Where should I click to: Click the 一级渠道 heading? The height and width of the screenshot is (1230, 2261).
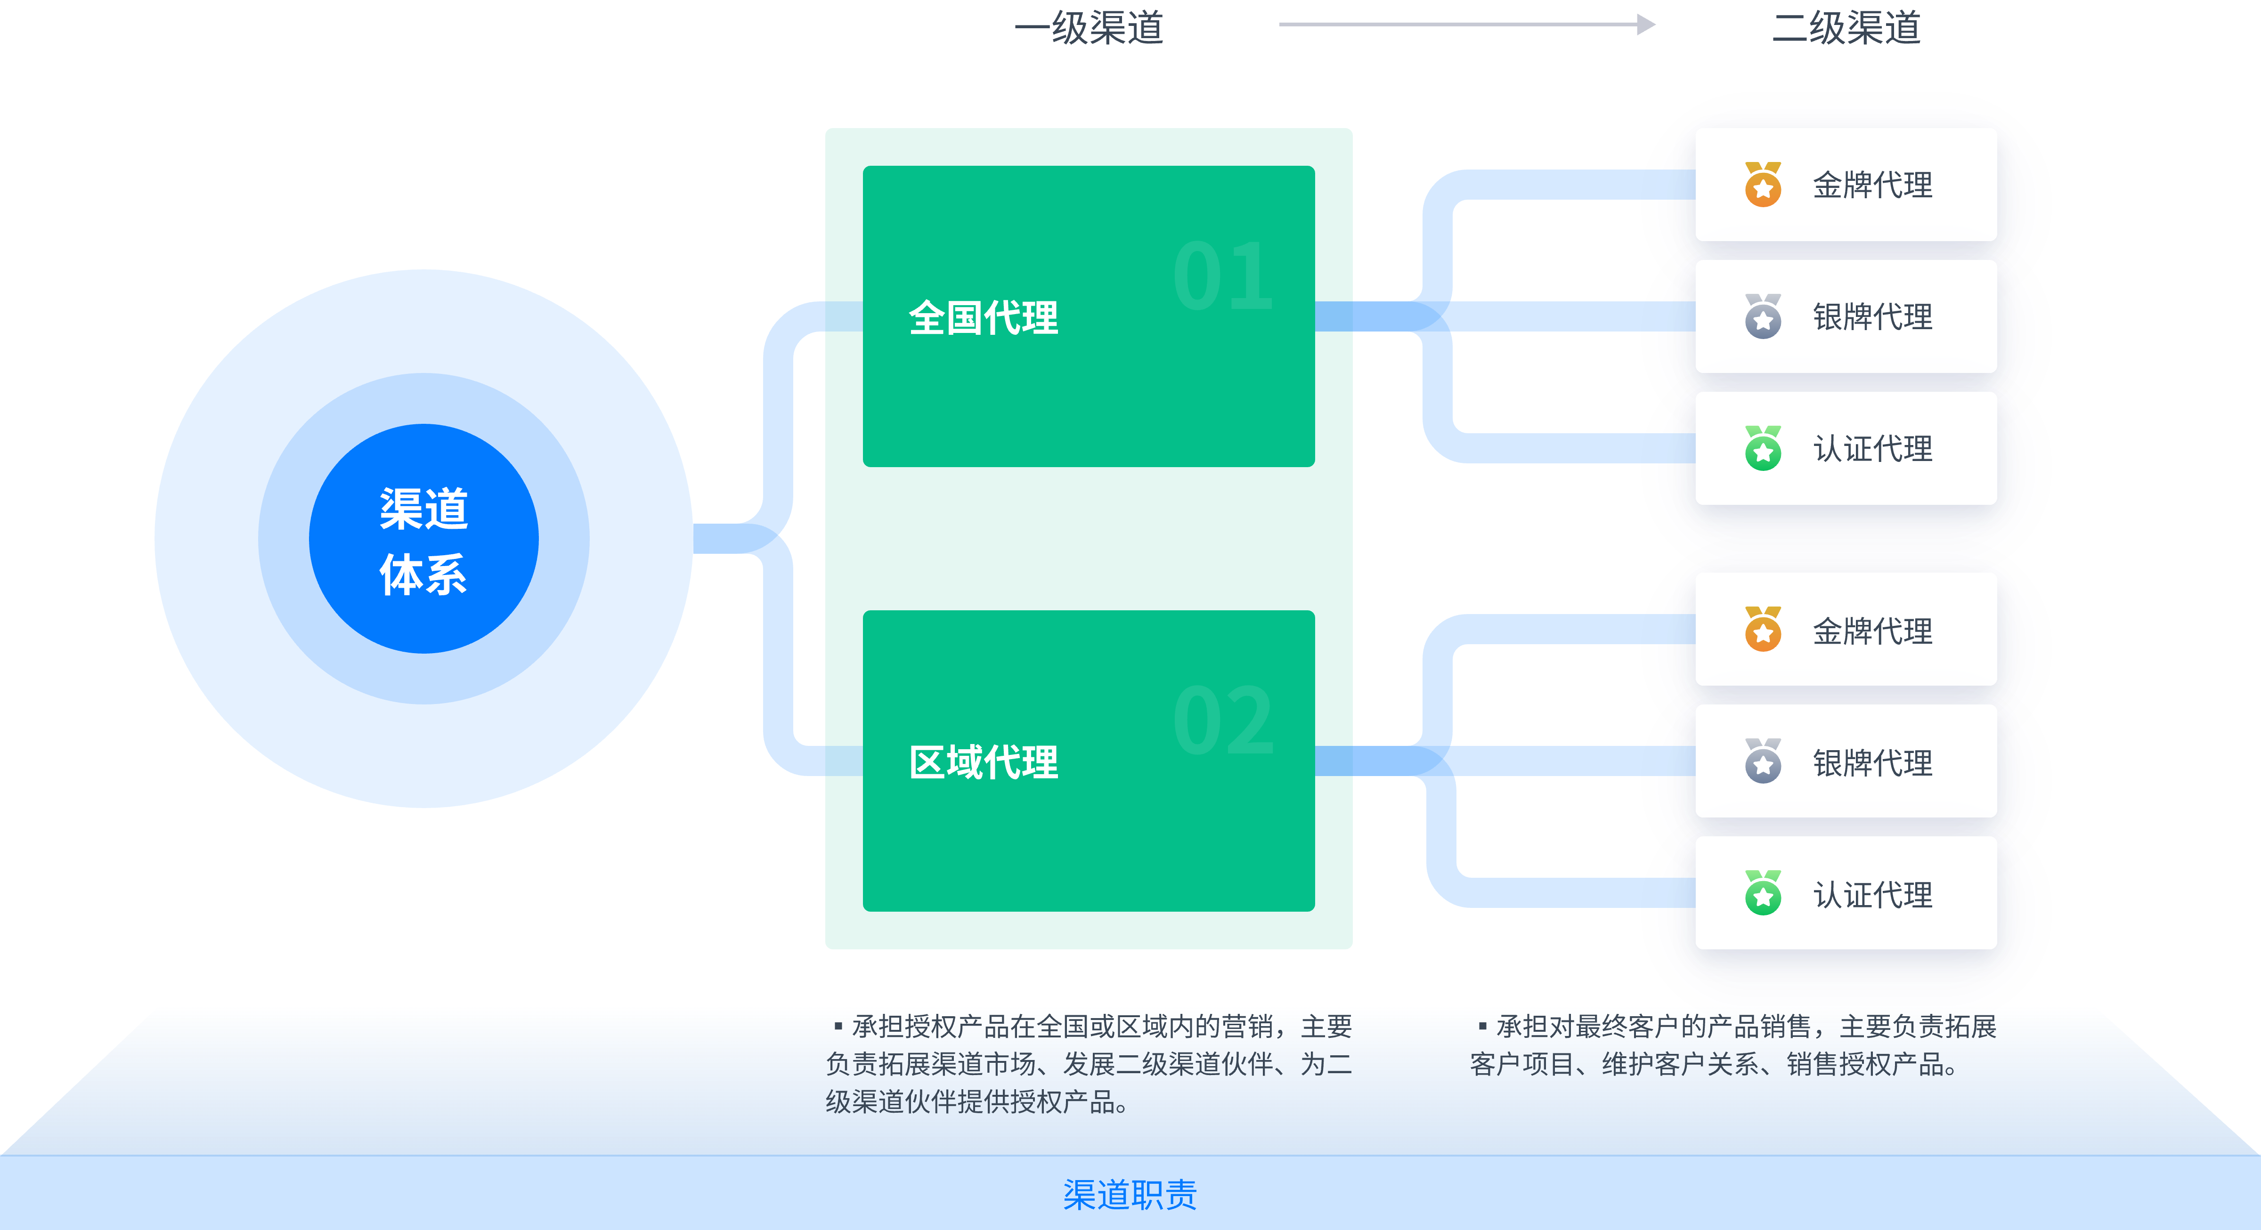click(1089, 28)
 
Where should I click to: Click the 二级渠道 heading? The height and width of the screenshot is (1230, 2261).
click(1846, 28)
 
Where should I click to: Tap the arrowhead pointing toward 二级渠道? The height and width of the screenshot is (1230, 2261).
click(1646, 24)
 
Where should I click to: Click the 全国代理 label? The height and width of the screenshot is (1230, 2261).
click(983, 317)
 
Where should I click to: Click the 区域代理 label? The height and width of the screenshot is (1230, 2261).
click(983, 761)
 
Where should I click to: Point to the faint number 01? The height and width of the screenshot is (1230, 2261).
click(1223, 276)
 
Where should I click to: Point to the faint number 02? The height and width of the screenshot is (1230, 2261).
click(1223, 721)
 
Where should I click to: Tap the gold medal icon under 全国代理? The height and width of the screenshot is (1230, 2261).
click(1763, 184)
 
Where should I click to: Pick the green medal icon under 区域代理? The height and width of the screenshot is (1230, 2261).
click(1763, 893)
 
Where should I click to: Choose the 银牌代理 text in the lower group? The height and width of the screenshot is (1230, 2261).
click(1872, 762)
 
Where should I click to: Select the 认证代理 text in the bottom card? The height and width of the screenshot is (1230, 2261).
click(1872, 894)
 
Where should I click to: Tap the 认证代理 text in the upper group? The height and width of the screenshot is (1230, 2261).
click(1872, 449)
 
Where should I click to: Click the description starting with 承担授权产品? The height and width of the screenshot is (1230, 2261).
click(1089, 1063)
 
